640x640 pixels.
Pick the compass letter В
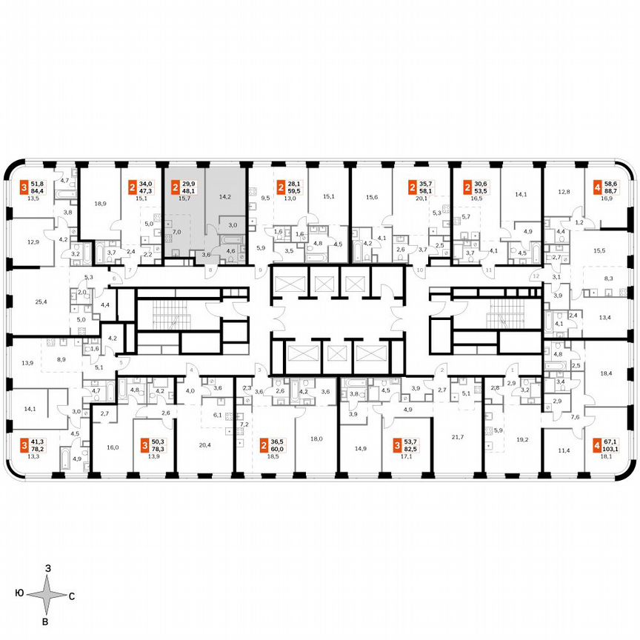(x=46, y=621)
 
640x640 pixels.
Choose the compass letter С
(x=72, y=596)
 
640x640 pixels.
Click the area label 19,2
(x=522, y=439)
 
